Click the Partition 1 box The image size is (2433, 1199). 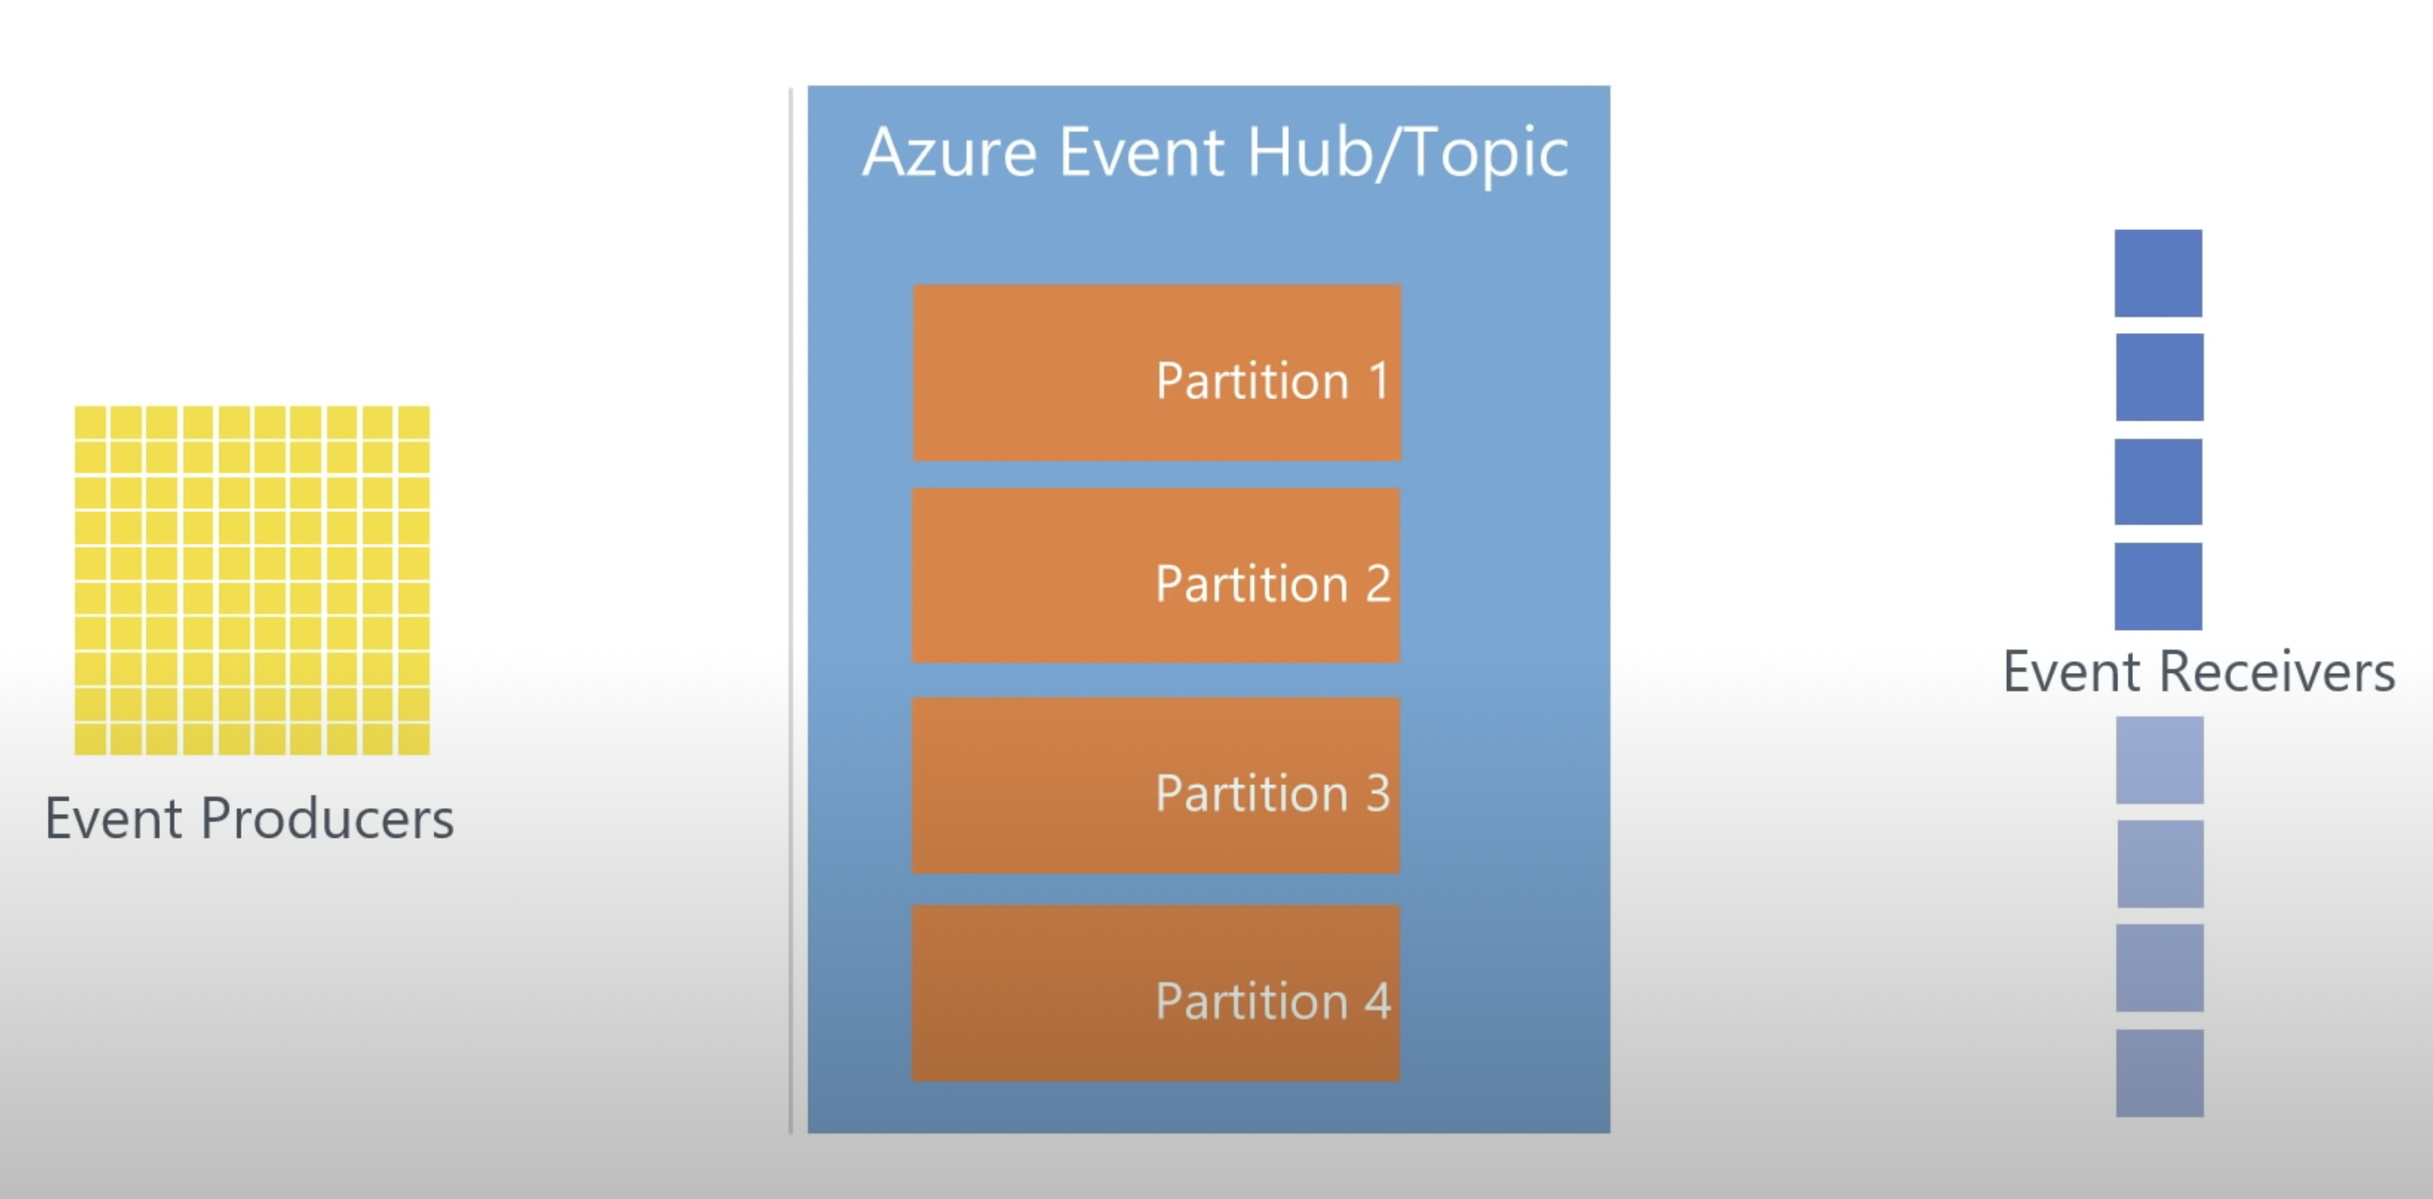click(1157, 372)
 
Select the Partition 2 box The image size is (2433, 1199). click(1156, 576)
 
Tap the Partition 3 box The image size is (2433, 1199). click(1156, 785)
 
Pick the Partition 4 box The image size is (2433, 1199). click(1156, 993)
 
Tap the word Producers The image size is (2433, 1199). click(328, 818)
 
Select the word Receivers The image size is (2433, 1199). click(2277, 672)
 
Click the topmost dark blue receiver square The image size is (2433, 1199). click(2159, 273)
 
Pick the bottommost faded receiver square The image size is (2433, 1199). click(2160, 1074)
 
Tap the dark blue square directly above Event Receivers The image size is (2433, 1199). click(2159, 585)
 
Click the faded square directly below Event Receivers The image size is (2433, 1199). click(2160, 759)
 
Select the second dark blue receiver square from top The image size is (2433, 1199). click(2160, 377)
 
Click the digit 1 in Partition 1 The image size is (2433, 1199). click(1379, 380)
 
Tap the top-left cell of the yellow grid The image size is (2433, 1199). click(91, 421)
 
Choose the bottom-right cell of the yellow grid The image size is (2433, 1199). click(414, 739)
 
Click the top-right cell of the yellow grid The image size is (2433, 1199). click(414, 421)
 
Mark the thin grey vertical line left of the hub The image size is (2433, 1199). click(791, 610)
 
